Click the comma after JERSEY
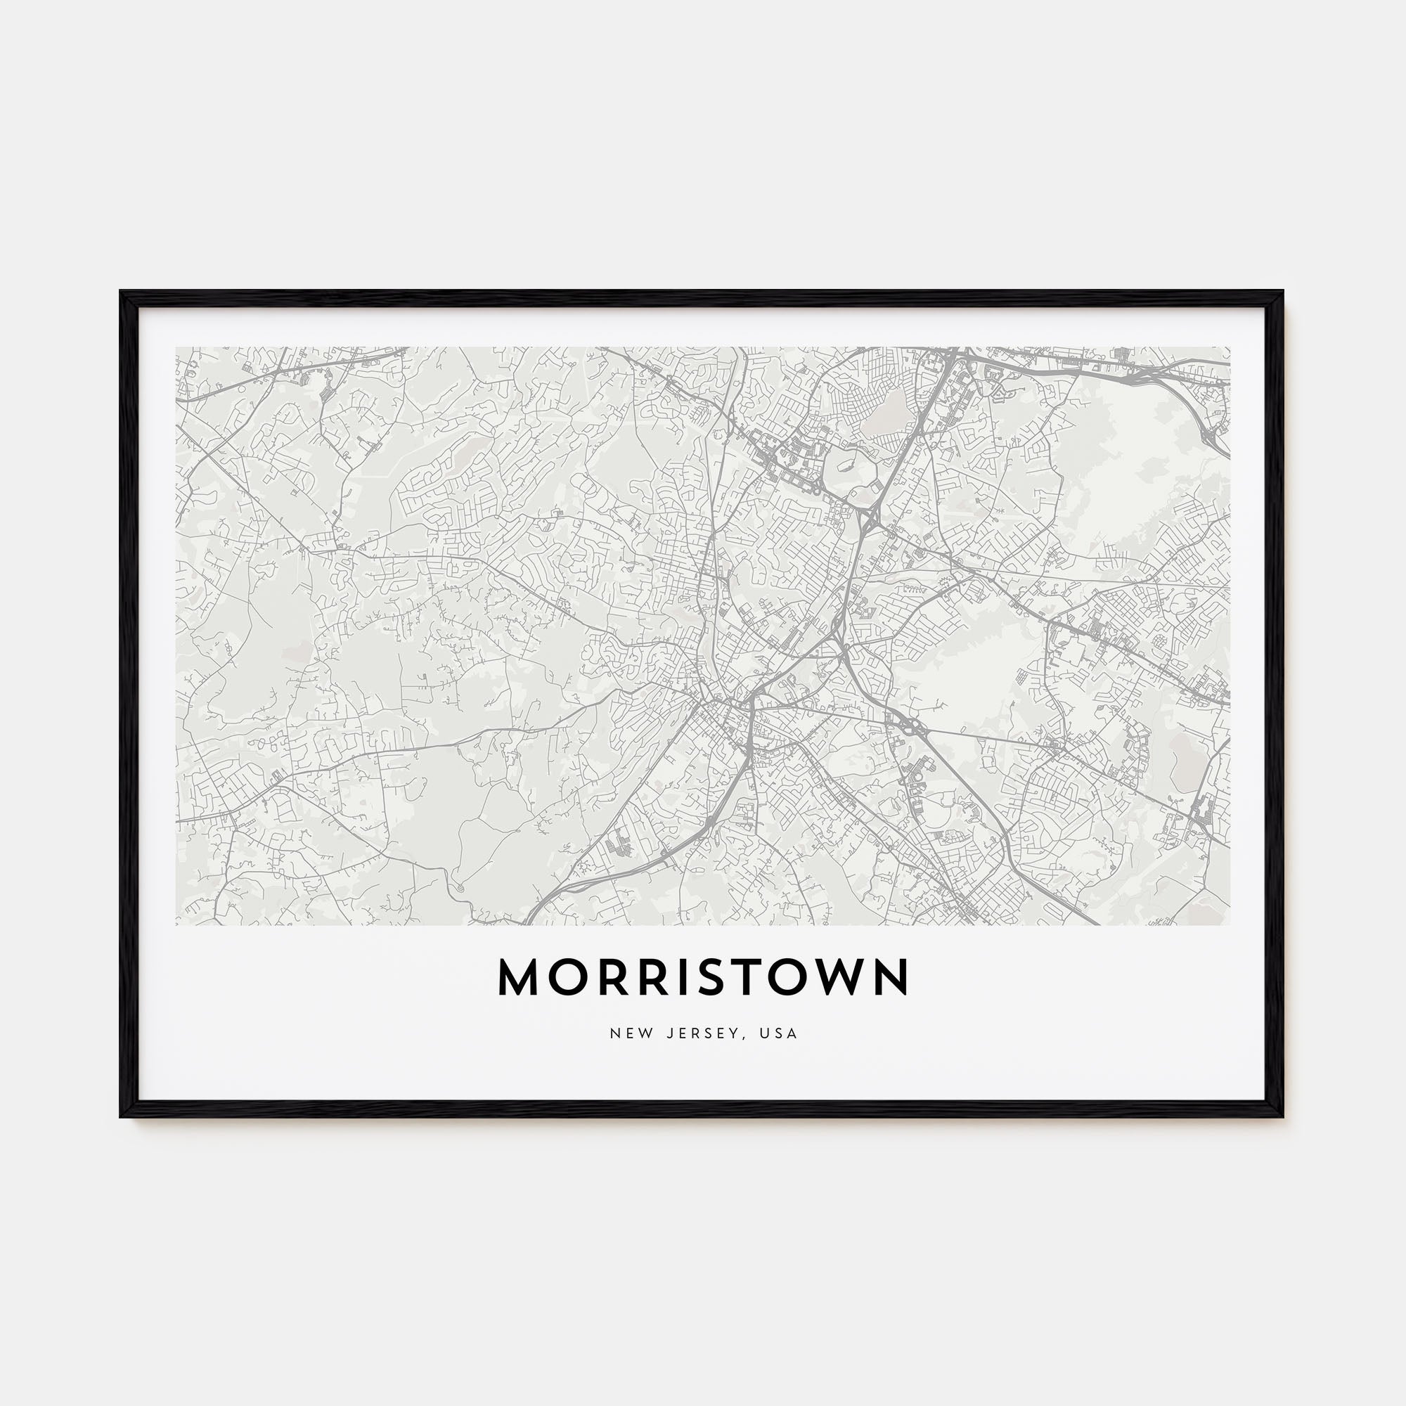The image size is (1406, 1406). tap(743, 1037)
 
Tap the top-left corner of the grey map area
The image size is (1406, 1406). tap(177, 348)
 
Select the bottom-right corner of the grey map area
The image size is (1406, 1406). tap(1229, 924)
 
